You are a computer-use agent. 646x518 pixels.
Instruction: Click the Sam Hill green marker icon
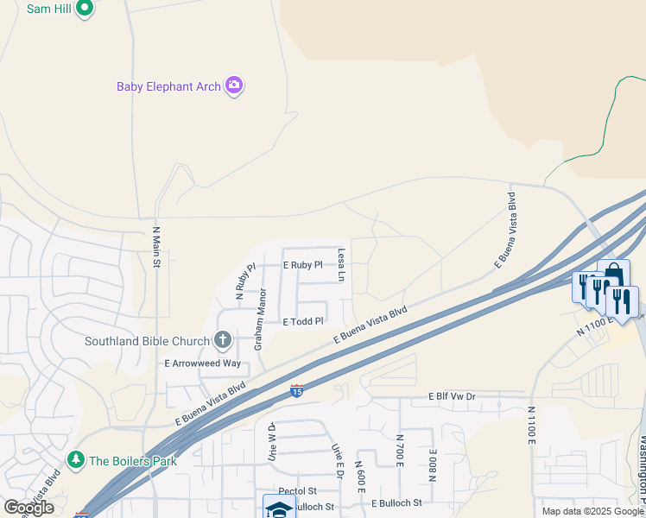click(84, 9)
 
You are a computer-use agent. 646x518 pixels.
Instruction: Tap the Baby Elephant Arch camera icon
click(233, 85)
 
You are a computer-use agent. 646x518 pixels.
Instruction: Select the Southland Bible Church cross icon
click(223, 340)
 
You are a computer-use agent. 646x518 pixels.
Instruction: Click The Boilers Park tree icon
click(76, 460)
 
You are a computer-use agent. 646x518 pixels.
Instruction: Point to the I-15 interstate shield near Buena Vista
click(296, 391)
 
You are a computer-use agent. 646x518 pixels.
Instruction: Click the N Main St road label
click(156, 247)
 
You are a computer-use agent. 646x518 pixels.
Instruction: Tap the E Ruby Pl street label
click(302, 265)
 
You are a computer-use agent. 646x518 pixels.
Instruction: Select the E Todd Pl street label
click(303, 321)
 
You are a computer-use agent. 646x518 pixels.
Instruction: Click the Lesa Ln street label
click(341, 265)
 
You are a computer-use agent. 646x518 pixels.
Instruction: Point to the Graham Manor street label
click(258, 319)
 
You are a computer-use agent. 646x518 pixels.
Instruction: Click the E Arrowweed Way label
click(203, 363)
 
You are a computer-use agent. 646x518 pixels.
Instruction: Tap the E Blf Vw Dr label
click(452, 397)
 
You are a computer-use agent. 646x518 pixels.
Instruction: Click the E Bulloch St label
click(396, 502)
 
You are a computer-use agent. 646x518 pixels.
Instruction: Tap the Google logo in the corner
click(29, 508)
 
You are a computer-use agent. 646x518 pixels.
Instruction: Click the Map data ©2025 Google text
click(592, 511)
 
